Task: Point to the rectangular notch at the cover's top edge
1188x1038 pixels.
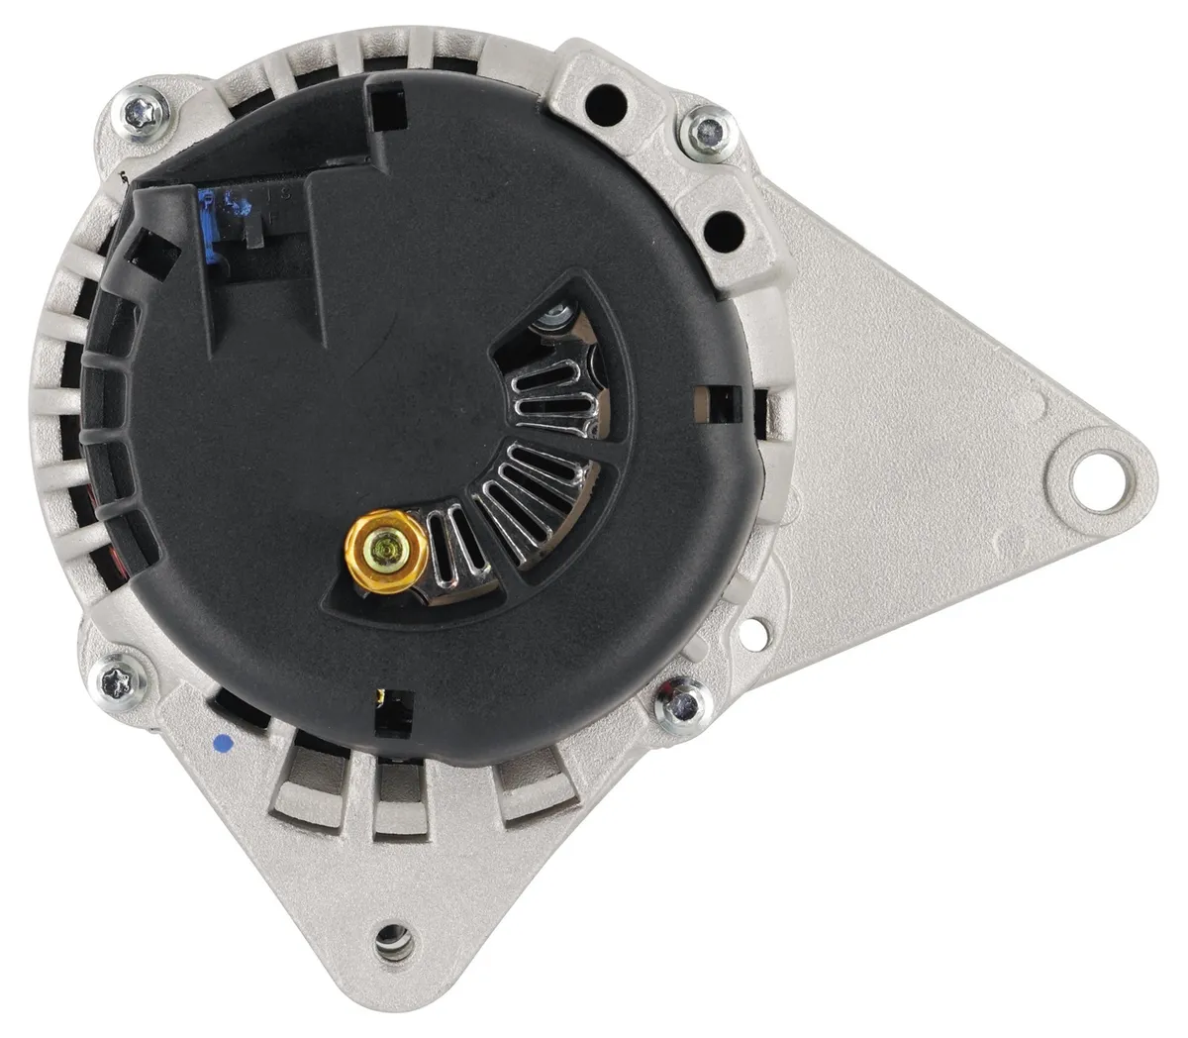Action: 387,109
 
